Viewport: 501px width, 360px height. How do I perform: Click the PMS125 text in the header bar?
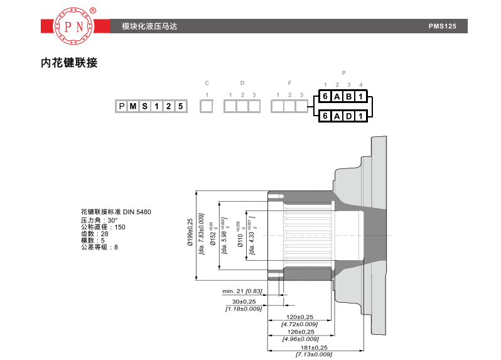pyautogui.click(x=443, y=26)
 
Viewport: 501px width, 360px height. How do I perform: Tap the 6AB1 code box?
pyautogui.click(x=342, y=96)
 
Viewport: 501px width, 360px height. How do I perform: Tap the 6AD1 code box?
pyautogui.click(x=342, y=116)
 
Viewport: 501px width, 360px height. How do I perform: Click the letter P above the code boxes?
pyautogui.click(x=343, y=73)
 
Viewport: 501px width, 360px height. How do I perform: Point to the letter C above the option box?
pyautogui.click(x=207, y=83)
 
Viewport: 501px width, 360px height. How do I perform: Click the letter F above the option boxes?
pyautogui.click(x=289, y=83)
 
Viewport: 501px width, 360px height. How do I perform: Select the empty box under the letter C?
pyautogui.click(x=207, y=106)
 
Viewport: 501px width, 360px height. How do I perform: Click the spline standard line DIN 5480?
pyautogui.click(x=116, y=212)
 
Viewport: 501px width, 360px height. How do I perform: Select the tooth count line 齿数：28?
pyautogui.click(x=95, y=234)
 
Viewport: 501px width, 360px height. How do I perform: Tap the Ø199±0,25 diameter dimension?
pyautogui.click(x=190, y=235)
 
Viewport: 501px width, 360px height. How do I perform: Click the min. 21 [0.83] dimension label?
pyautogui.click(x=242, y=291)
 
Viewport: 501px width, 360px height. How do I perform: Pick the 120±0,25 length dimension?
pyautogui.click(x=300, y=317)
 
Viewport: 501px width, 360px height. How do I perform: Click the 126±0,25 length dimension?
pyautogui.click(x=300, y=332)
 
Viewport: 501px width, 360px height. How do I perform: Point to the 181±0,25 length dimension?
pyautogui.click(x=314, y=347)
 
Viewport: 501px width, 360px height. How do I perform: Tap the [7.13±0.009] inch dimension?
pyautogui.click(x=314, y=355)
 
